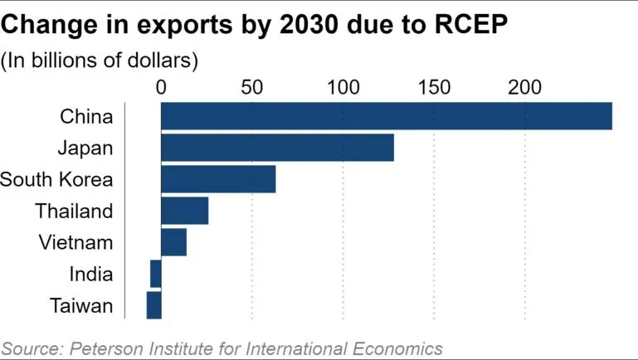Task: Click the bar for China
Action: point(386,116)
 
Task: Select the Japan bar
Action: point(277,148)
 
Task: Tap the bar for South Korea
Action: point(218,179)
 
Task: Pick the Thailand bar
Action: point(184,211)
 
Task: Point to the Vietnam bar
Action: point(173,242)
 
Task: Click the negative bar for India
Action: point(156,274)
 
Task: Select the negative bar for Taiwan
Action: point(153,305)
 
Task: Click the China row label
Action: point(86,116)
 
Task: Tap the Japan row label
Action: point(85,148)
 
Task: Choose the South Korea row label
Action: point(56,179)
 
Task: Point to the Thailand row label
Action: point(74,211)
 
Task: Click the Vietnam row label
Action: point(76,242)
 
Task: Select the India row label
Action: point(91,274)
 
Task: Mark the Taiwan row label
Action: point(80,305)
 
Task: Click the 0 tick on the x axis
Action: point(161,87)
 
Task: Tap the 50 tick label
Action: point(251,87)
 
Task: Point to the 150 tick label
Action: point(434,87)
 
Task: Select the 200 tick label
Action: point(525,87)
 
